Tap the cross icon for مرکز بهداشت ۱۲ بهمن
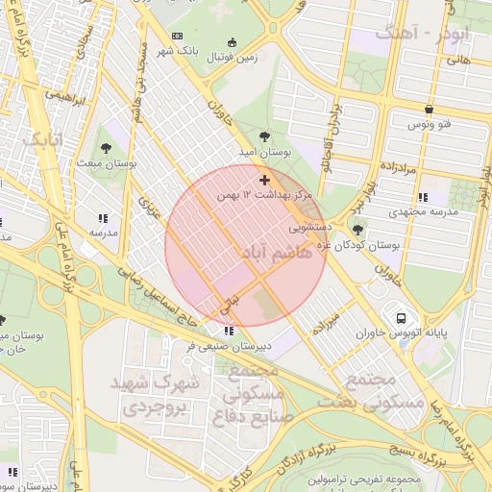click(264, 180)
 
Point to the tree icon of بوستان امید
click(265, 136)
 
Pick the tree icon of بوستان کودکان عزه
click(358, 230)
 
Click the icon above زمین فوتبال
click(231, 41)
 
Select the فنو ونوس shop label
click(428, 126)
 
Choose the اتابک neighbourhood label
click(47, 139)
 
